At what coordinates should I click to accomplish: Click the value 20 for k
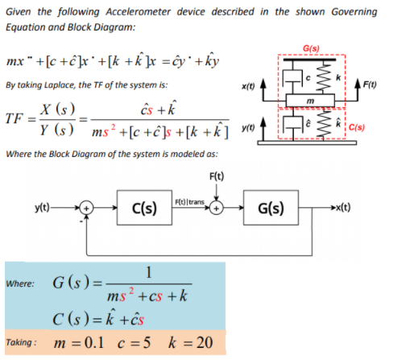[x=205, y=342]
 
